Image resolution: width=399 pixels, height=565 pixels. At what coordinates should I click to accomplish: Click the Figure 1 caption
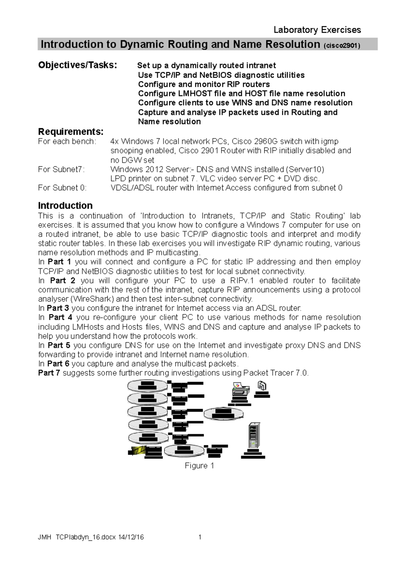[x=199, y=466]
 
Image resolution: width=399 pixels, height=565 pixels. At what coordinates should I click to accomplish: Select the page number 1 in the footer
[x=200, y=537]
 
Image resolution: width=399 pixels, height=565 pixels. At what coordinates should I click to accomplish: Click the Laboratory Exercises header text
[x=317, y=30]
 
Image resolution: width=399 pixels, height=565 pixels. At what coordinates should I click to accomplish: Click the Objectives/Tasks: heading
[x=77, y=65]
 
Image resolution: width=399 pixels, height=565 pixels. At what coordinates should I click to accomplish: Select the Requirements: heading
[x=71, y=131]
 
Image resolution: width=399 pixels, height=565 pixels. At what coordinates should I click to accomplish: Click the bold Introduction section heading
[x=65, y=205]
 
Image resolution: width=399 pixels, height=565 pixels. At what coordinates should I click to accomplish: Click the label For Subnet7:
[x=61, y=169]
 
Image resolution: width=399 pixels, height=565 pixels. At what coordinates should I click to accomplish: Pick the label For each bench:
[x=67, y=141]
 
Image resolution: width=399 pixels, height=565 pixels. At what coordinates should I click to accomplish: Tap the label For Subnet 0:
[x=62, y=188]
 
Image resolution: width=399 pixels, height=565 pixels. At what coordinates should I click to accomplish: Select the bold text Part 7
[x=49, y=373]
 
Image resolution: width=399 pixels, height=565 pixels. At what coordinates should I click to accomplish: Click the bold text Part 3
[x=58, y=308]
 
